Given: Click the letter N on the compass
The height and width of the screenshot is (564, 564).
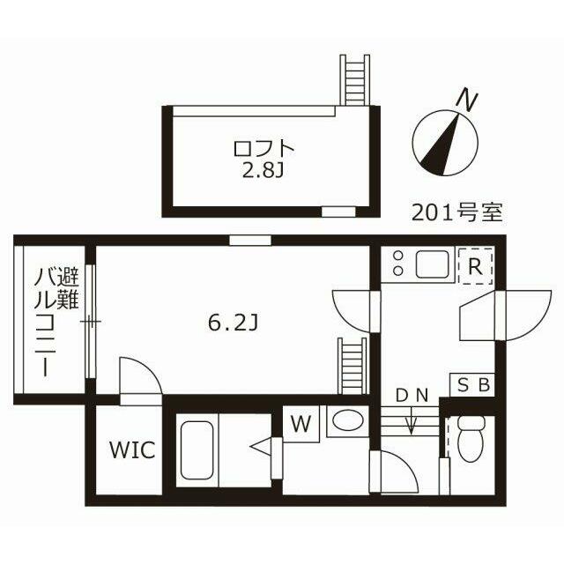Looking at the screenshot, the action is point(467,101).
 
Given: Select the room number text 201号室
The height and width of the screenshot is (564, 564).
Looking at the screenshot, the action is point(456,213).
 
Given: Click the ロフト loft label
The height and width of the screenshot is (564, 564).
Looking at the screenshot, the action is point(263,148).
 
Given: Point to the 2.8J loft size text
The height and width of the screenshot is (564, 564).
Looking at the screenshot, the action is point(263,172).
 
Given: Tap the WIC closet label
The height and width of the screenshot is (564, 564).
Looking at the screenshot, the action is point(132,450).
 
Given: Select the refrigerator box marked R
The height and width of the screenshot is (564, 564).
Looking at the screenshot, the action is point(476,266).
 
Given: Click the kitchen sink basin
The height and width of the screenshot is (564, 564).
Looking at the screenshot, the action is point(433,264).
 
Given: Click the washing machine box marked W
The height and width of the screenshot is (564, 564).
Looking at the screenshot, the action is point(301,424).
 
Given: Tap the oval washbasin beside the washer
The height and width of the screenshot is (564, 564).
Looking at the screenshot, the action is point(347,419).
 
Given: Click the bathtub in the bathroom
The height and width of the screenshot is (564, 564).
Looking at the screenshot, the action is point(197,450).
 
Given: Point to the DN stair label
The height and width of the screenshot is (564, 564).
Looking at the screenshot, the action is point(412,396).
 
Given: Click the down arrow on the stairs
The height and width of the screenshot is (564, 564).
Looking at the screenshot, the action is point(410,419).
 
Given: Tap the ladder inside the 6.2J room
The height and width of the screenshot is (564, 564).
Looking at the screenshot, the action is point(352,366).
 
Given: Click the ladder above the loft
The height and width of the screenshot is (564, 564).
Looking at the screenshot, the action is point(355,80).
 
